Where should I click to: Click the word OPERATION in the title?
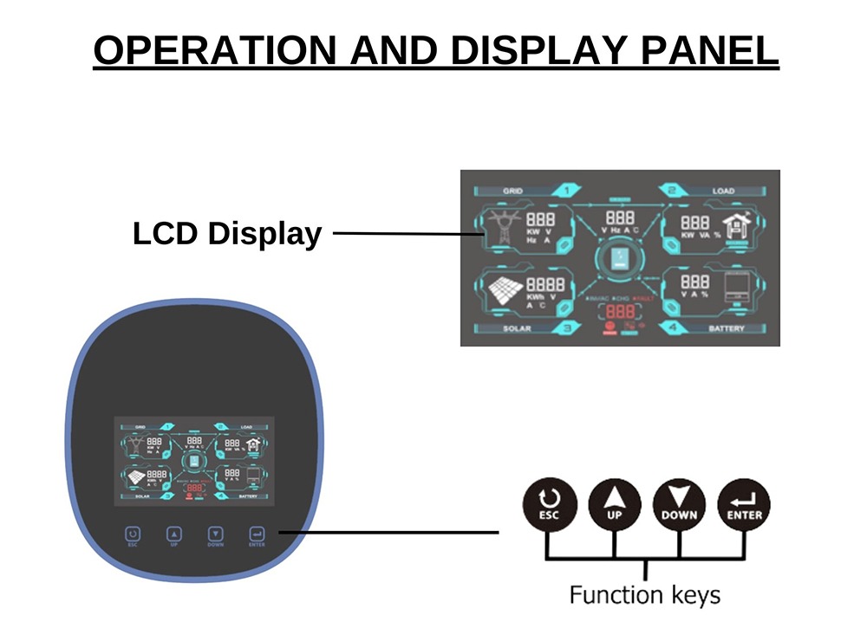click(212, 50)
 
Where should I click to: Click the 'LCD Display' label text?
click(227, 233)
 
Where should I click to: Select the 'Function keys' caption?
click(644, 595)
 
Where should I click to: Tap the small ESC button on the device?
click(133, 535)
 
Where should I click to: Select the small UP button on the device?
click(174, 535)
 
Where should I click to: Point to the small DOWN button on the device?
click(216, 535)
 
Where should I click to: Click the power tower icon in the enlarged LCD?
click(501, 227)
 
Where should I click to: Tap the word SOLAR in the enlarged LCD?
click(518, 329)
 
